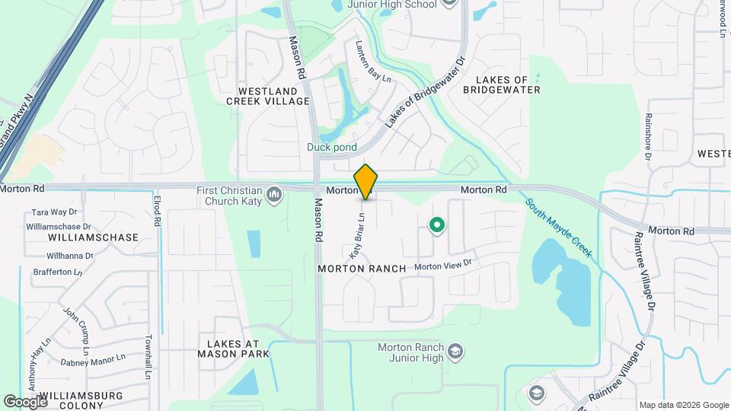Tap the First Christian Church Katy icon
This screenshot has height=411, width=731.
point(274,196)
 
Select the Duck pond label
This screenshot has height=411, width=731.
point(332,147)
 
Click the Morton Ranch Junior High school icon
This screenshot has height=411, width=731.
point(455,352)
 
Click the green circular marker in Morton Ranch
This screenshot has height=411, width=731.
point(437,225)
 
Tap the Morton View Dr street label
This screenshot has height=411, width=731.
point(443,266)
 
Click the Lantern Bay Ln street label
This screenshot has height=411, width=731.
point(373,62)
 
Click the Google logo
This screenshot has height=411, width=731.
point(24,401)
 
